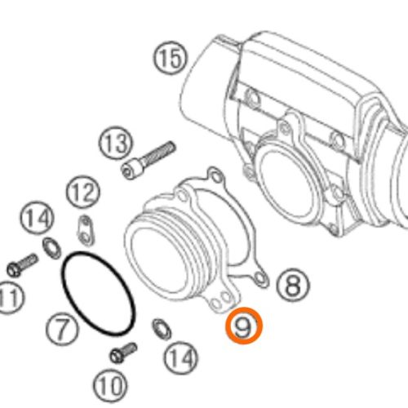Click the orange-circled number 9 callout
pyautogui.click(x=244, y=326)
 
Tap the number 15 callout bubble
pyautogui.click(x=171, y=58)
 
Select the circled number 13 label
pyautogui.click(x=115, y=143)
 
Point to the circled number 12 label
pyautogui.click(x=82, y=192)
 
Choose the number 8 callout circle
pyautogui.click(x=293, y=285)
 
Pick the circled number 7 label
pyautogui.click(x=62, y=329)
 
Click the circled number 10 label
pyautogui.click(x=110, y=385)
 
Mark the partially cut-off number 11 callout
pyautogui.click(x=11, y=298)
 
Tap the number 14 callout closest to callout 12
pyautogui.click(x=38, y=218)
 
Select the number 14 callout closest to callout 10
pyautogui.click(x=181, y=357)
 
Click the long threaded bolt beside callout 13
pyautogui.click(x=149, y=160)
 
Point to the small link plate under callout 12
pyautogui.click(x=85, y=230)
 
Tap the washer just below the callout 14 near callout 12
pyautogui.click(x=51, y=248)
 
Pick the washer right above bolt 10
pyautogui.click(x=162, y=329)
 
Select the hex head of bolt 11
pyautogui.click(x=13, y=269)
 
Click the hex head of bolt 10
pyautogui.click(x=117, y=356)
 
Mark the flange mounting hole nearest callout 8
pyautogui.click(x=260, y=278)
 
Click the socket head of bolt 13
pyautogui.click(x=131, y=169)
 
